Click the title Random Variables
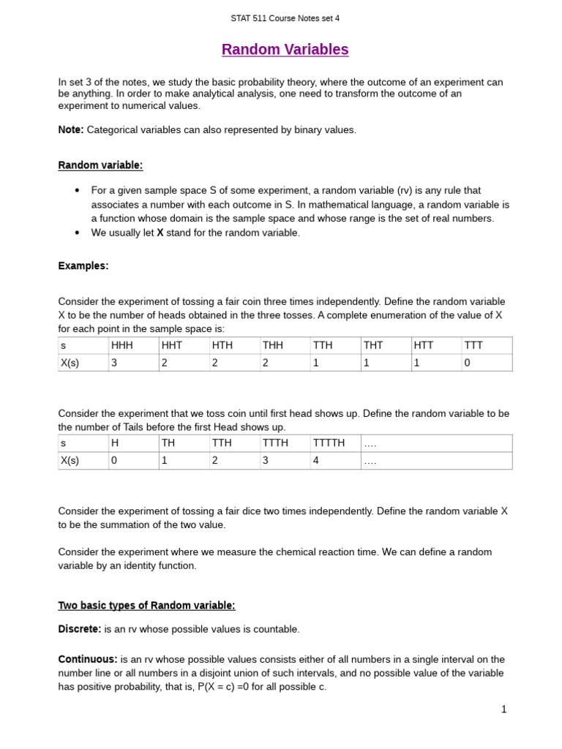click(x=285, y=50)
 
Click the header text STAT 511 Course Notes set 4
click(x=285, y=18)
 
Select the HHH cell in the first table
click(x=121, y=345)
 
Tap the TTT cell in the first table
click(x=473, y=345)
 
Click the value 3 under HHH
click(x=114, y=362)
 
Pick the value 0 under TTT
click(x=467, y=362)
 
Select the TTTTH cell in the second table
click(x=329, y=443)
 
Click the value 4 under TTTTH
click(x=316, y=461)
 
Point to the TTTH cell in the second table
click(x=275, y=443)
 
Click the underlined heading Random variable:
click(x=100, y=165)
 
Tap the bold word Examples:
click(x=83, y=266)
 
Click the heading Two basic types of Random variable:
click(x=146, y=606)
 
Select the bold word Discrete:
click(x=80, y=629)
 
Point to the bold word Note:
click(x=71, y=129)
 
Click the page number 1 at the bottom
click(x=503, y=709)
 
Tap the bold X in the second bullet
click(x=160, y=233)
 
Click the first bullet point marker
click(x=77, y=190)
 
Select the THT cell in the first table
click(x=373, y=345)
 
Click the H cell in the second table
click(x=114, y=443)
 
